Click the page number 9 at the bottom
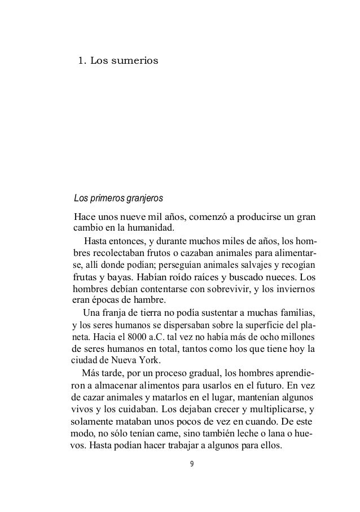coord(191,464)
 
